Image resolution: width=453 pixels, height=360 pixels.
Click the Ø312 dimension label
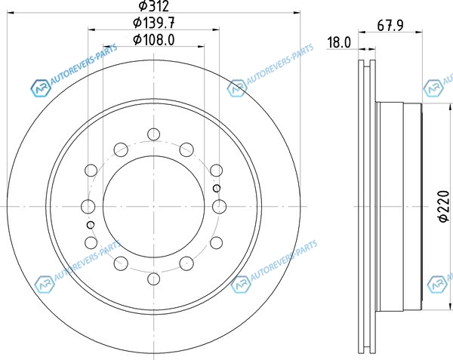153,6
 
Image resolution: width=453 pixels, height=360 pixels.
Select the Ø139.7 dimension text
154,23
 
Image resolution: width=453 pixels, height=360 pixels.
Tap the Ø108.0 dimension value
154,39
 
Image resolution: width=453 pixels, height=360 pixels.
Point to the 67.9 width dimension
390,26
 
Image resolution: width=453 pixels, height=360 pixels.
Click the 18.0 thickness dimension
339,42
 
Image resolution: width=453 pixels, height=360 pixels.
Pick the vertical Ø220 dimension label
444,206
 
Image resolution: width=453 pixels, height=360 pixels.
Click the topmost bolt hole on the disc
153,134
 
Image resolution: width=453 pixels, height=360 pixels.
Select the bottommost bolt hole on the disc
153,278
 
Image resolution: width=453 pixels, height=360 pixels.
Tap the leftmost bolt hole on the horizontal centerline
88,207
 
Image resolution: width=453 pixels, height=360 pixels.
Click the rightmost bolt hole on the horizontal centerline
219,207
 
